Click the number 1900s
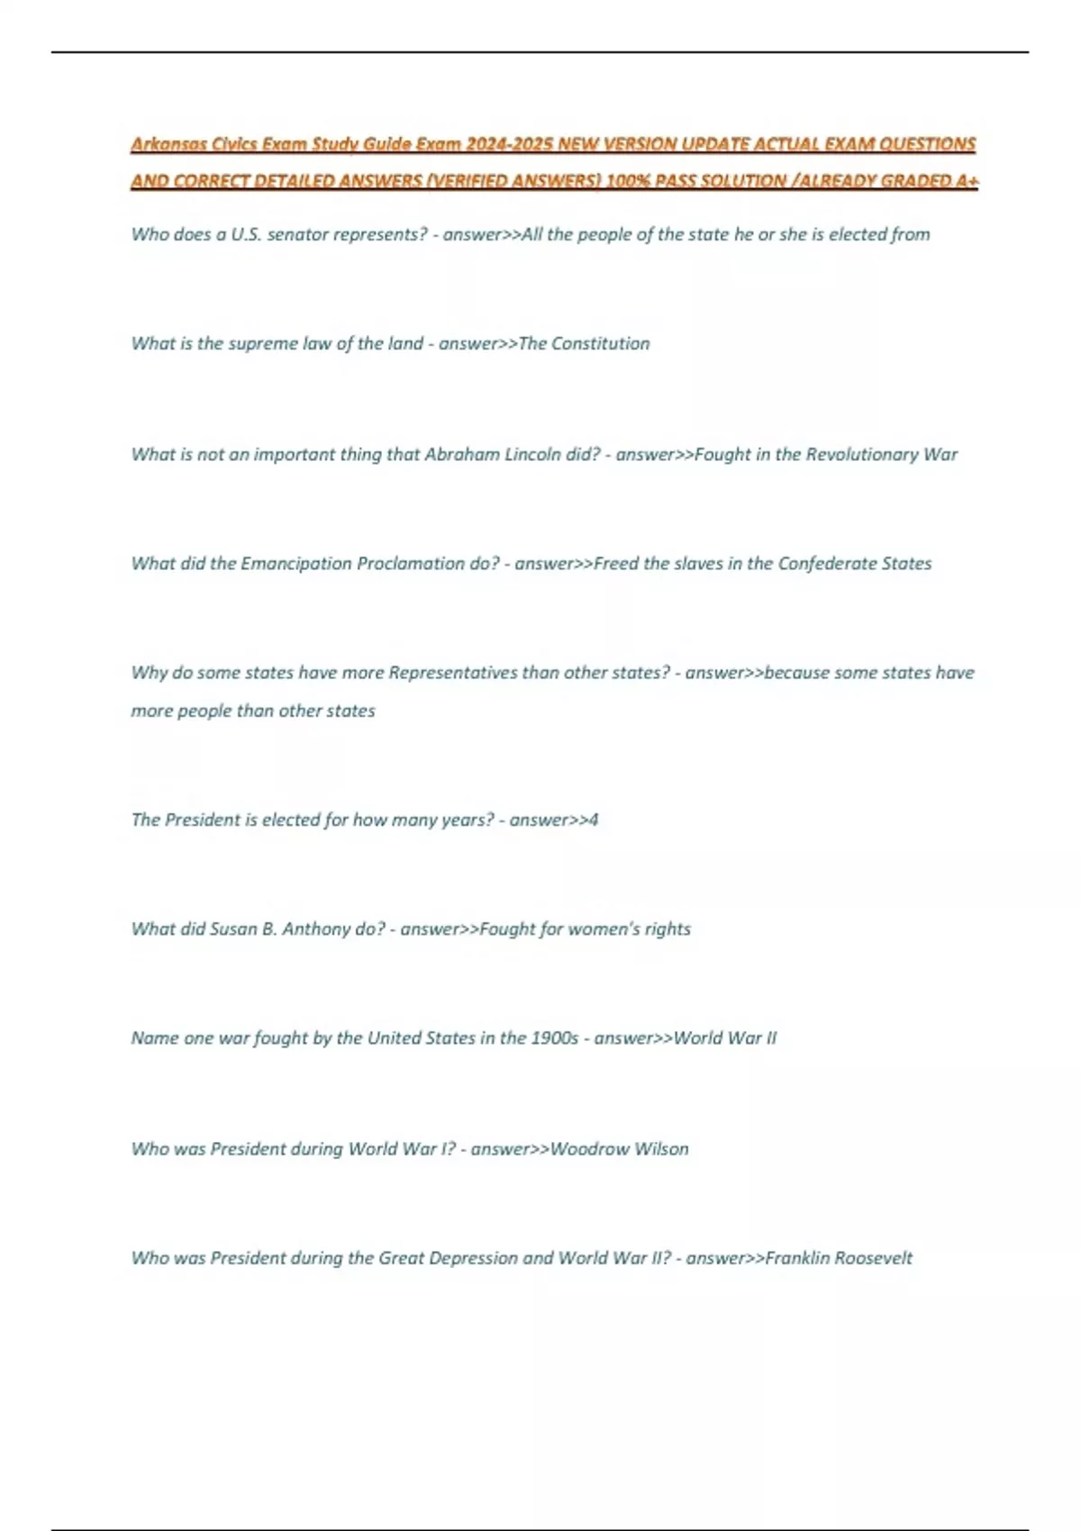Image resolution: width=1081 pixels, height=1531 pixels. tap(554, 1038)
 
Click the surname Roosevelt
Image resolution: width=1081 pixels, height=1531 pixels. tap(873, 1258)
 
